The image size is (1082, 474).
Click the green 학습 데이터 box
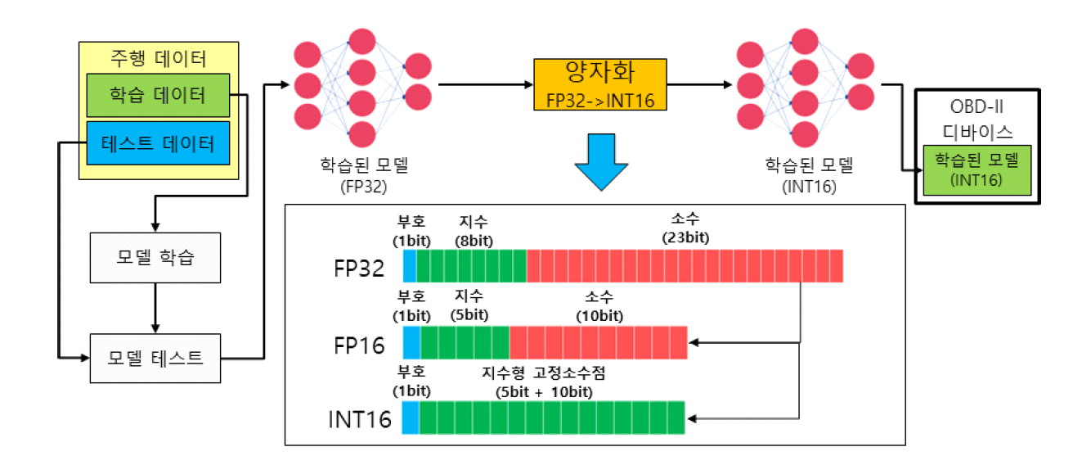158,96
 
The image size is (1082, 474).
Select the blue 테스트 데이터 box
158,144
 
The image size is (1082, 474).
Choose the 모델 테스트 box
155,358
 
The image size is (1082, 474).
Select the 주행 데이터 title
158,58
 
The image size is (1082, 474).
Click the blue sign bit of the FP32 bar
410,267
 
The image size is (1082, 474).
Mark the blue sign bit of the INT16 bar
411,417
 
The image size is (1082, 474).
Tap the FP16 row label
357,345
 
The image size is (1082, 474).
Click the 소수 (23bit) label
685,228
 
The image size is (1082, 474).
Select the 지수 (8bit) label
474,228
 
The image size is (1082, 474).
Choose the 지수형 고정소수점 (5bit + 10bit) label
544,381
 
